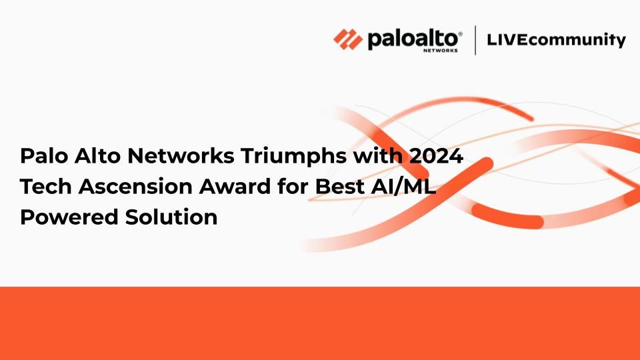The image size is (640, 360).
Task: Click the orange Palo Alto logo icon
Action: tap(348, 39)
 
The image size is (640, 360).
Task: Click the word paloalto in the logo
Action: tap(413, 39)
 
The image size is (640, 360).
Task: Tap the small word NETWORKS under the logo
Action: tap(441, 51)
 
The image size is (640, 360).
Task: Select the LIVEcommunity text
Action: tap(556, 40)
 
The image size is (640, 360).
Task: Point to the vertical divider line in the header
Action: tap(475, 40)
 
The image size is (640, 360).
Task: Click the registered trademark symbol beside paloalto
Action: tap(461, 33)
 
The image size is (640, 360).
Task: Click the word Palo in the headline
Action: tap(45, 155)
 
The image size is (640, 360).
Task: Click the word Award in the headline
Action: tap(235, 186)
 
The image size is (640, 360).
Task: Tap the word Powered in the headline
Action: tap(69, 217)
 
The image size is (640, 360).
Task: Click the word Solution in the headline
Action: tap(171, 217)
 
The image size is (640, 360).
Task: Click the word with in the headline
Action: tap(377, 155)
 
